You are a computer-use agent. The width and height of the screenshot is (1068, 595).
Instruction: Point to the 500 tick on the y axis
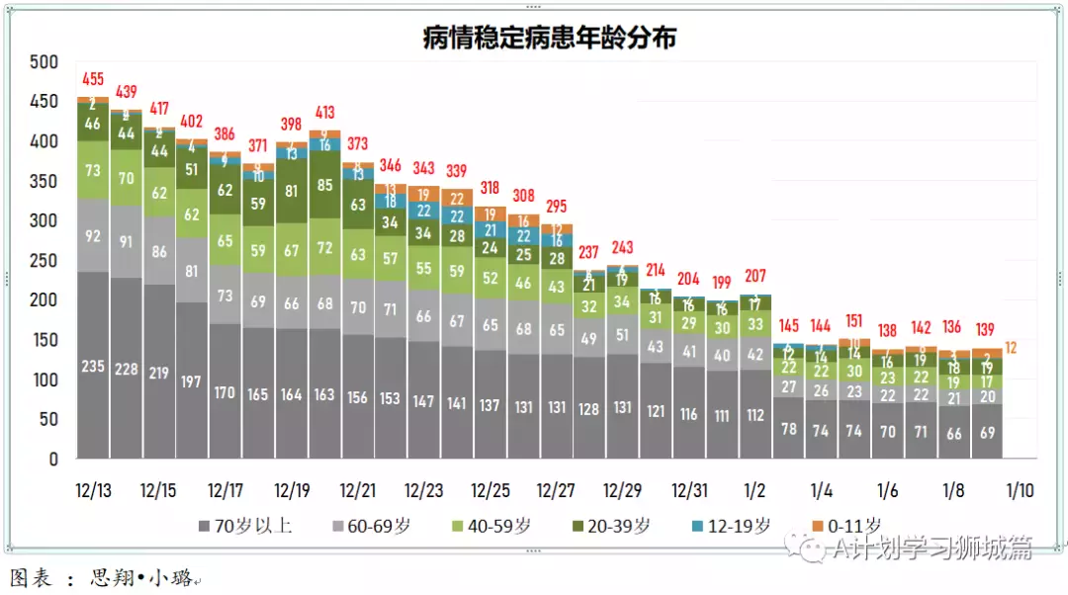coord(44,62)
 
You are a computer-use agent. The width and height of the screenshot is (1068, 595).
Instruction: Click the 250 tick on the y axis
coord(44,261)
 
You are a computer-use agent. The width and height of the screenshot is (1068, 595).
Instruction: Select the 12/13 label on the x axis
coord(93,490)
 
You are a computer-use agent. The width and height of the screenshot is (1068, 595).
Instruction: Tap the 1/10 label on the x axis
coord(1021,490)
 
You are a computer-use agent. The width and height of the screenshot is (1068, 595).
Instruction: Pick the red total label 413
coord(325,112)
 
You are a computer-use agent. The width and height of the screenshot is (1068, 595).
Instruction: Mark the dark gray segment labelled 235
coord(93,366)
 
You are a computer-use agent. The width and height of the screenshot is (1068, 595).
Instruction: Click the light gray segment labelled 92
coord(93,236)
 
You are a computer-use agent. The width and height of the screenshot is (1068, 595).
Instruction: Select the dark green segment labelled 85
coord(325,184)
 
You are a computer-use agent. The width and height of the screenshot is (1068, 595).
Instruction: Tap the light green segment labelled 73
coord(93,171)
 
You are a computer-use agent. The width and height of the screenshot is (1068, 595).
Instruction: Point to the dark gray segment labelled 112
coord(756,415)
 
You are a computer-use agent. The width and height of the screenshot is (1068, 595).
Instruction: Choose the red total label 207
coord(756,276)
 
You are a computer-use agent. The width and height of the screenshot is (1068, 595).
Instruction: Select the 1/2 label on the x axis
coord(756,490)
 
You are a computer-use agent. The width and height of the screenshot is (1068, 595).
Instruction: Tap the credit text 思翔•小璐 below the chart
coord(143,577)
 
